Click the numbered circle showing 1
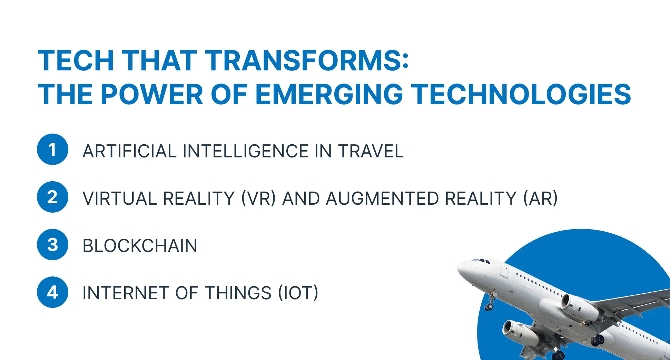52,149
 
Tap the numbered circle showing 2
52,197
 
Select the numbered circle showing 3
52,245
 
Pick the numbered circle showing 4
52,292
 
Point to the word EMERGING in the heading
329,94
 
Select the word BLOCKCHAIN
140,246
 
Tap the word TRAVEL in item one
371,151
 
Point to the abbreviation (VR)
258,198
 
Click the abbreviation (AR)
540,198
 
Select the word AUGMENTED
382,198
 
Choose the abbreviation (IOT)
298,293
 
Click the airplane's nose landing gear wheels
489,307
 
